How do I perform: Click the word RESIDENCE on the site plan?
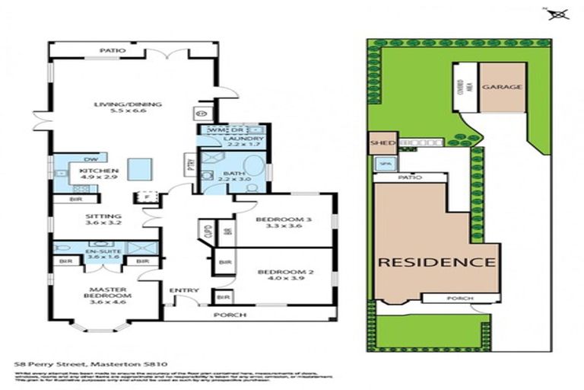[436, 262]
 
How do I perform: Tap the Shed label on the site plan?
[379, 142]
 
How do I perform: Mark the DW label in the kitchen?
[89, 158]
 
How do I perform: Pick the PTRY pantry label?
[190, 164]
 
